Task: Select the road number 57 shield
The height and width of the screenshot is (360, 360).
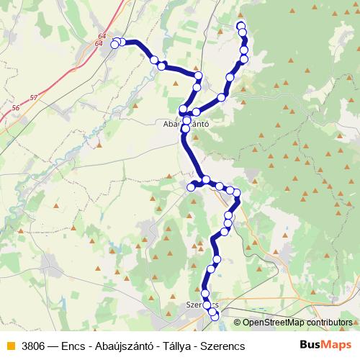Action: tap(34, 96)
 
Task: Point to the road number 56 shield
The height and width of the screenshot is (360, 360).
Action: tap(16, 108)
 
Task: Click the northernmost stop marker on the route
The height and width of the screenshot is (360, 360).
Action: tap(240, 27)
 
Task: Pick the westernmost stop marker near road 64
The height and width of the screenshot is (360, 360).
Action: tap(114, 45)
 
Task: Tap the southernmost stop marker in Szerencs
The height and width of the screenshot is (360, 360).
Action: tap(214, 317)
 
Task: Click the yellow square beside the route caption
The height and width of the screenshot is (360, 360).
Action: tap(10, 346)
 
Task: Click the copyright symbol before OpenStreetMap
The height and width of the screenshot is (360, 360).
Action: tap(237, 323)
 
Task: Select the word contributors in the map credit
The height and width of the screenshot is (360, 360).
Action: tap(328, 323)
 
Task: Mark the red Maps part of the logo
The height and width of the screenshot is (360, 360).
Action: tap(336, 345)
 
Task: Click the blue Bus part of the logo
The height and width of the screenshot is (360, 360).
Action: tap(310, 345)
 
